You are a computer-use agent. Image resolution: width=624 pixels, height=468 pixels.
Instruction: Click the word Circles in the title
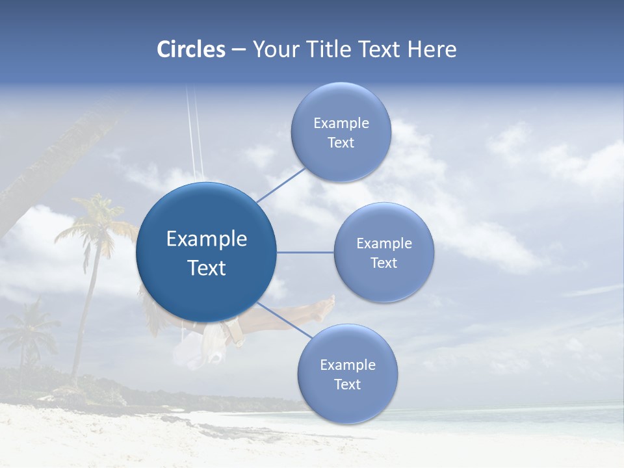tap(191, 49)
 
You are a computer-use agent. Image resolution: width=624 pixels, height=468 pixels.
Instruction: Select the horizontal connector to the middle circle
tap(305, 252)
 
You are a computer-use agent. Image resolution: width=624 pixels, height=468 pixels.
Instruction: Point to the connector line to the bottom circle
tap(283, 320)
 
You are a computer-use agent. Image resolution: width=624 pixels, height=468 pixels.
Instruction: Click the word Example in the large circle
tap(207, 239)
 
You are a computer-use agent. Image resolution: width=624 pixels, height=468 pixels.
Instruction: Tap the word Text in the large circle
tap(207, 268)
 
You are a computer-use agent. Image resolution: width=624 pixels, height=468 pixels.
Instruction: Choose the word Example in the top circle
tap(341, 123)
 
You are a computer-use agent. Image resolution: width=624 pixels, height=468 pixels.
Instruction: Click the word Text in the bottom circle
tap(347, 384)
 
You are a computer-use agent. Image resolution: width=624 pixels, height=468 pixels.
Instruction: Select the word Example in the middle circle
tap(384, 244)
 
